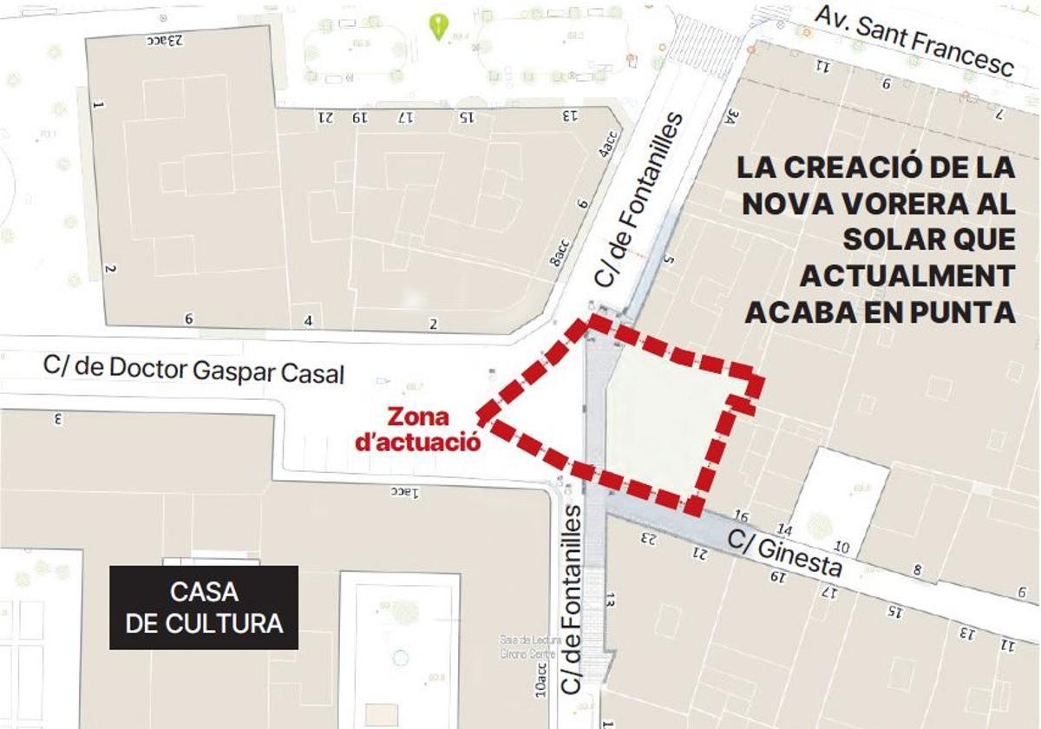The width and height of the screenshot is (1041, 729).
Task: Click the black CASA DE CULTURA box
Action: pyautogui.click(x=204, y=607)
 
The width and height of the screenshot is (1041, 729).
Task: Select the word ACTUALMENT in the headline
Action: pyautogui.click(x=906, y=275)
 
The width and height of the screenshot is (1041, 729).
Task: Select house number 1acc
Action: pyautogui.click(x=403, y=492)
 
